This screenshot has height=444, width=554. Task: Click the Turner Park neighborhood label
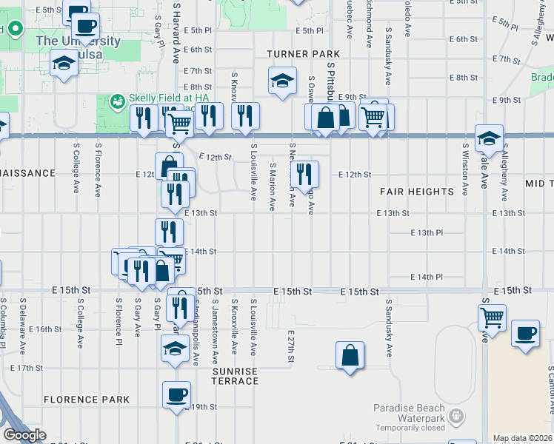(x=304, y=54)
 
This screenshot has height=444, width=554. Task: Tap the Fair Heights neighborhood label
(x=417, y=192)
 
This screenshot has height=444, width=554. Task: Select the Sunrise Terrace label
(x=236, y=376)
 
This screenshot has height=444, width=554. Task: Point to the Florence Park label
(x=87, y=400)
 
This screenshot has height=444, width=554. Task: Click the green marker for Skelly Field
(x=116, y=100)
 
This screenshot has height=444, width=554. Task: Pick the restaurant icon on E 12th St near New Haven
(x=304, y=175)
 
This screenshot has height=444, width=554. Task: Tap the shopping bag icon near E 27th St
(x=350, y=355)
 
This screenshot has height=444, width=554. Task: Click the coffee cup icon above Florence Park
(x=176, y=394)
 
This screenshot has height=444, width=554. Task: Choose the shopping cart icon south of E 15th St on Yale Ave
(x=492, y=317)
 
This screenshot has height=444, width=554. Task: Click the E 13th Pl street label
(x=427, y=232)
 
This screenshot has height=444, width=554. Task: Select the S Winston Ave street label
(x=465, y=169)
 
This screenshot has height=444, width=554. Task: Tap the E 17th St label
(x=27, y=367)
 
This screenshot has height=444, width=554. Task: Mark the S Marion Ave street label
(x=273, y=186)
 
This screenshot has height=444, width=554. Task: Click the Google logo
(x=24, y=435)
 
